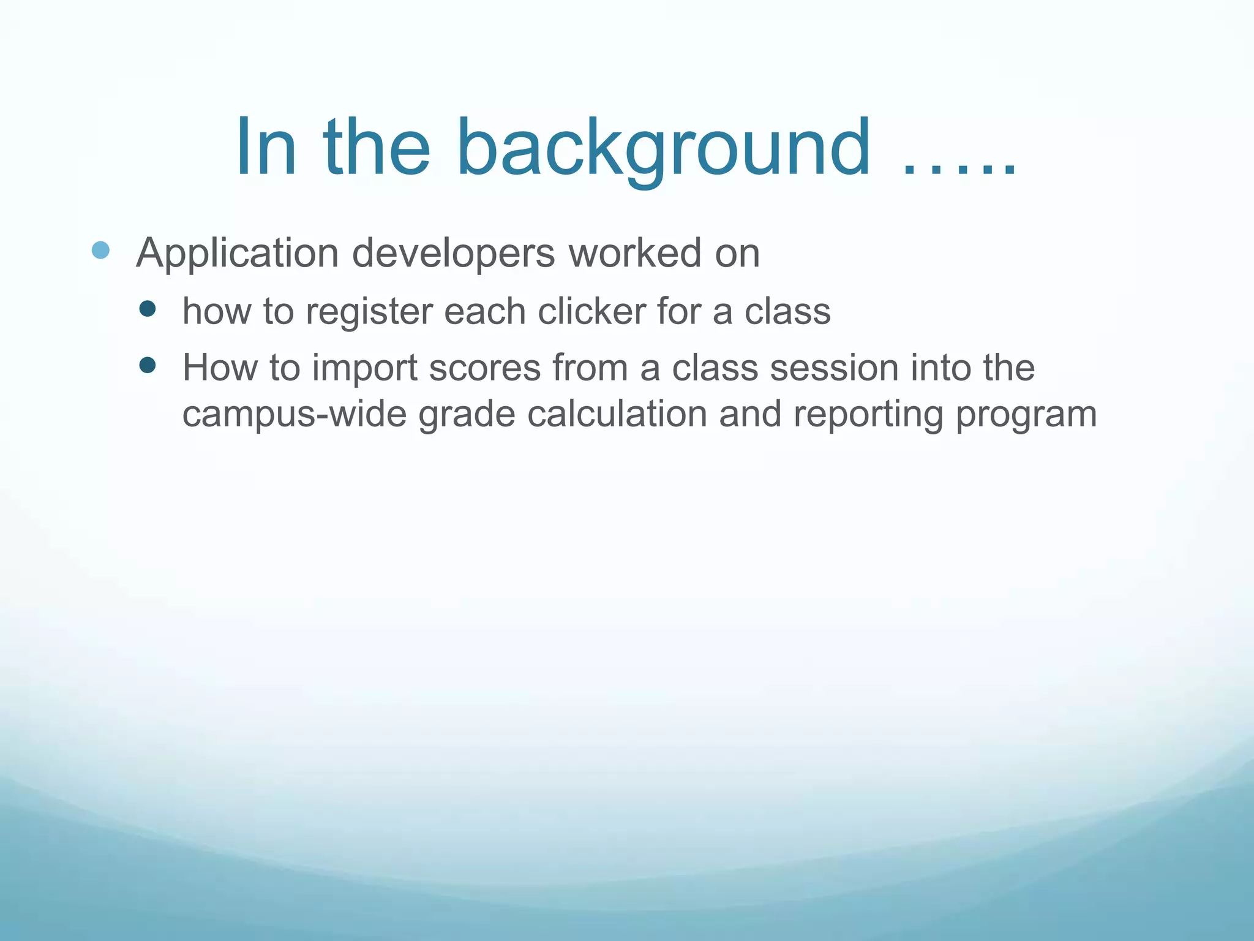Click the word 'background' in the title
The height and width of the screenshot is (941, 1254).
tap(663, 149)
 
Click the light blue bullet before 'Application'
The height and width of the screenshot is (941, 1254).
tap(100, 251)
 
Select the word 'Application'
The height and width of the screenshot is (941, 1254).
tap(238, 253)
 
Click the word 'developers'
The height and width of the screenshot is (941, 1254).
tap(453, 253)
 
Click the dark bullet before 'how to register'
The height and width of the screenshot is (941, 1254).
tap(148, 308)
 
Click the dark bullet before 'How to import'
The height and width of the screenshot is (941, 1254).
tap(148, 366)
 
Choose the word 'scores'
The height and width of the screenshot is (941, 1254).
tap(485, 368)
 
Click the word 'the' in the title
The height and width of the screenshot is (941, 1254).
tap(377, 149)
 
